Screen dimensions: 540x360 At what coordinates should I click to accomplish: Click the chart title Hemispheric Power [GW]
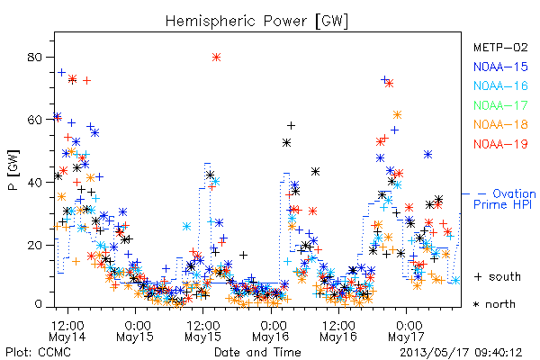[256, 22]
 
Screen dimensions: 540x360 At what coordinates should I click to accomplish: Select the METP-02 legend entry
[500, 47]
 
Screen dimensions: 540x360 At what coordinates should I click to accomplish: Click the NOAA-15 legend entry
[500, 67]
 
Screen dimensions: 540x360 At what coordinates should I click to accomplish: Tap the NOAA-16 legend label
[500, 85]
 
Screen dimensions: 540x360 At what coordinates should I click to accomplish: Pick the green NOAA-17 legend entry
[500, 105]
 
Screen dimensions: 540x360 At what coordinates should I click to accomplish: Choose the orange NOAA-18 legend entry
[500, 124]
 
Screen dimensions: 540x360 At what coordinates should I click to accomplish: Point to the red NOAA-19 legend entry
[500, 144]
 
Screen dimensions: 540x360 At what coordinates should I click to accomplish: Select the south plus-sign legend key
[478, 276]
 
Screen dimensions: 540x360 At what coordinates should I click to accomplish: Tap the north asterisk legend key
[476, 304]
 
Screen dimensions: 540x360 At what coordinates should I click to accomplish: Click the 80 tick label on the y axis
[35, 58]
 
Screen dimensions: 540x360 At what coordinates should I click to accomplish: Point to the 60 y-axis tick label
[35, 120]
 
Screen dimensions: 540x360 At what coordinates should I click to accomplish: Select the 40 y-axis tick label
[35, 183]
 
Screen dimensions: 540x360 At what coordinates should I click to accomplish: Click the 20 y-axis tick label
[35, 246]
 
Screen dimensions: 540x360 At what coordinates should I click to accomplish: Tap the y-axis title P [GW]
[13, 170]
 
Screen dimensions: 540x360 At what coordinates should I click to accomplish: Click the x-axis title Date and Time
[257, 353]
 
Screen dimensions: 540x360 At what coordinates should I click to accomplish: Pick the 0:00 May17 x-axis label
[407, 331]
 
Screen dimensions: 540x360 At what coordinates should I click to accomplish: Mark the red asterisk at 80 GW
[216, 58]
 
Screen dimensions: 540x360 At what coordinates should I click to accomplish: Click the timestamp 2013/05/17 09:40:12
[461, 353]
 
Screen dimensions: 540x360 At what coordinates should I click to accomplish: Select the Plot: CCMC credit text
[38, 353]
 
